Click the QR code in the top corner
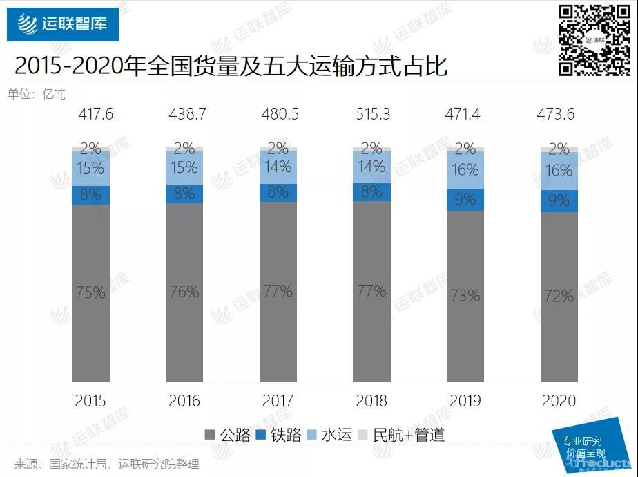[x=594, y=39]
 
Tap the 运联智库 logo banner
[x=63, y=25]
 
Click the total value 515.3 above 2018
[x=371, y=114]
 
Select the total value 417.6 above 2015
[x=90, y=114]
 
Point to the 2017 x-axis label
[x=278, y=401]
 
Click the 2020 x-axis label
[x=559, y=401]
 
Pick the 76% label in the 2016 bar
[x=184, y=292]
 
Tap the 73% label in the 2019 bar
[x=465, y=296]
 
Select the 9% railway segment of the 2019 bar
[x=465, y=200]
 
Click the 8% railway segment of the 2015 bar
[x=90, y=195]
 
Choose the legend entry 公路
[x=227, y=435]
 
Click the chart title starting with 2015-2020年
[x=231, y=66]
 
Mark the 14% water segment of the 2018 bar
[x=371, y=167]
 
